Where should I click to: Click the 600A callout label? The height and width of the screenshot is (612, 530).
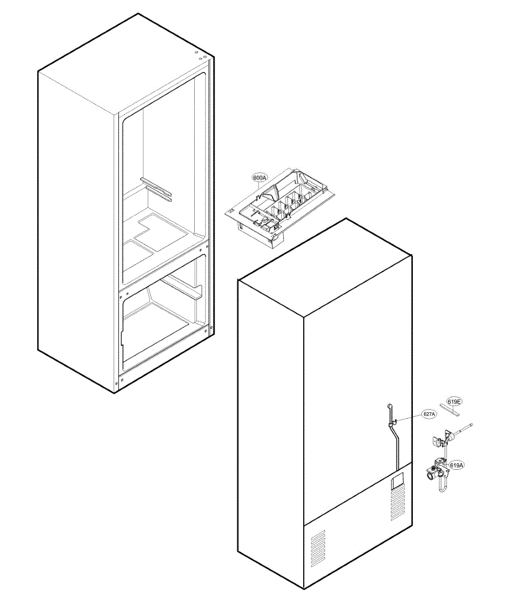pos(259,177)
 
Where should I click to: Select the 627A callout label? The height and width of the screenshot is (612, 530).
pos(429,414)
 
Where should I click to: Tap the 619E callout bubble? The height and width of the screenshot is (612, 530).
pos(454,402)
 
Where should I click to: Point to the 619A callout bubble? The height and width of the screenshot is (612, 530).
pos(457,465)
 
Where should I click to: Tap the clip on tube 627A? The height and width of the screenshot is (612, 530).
pos(392,422)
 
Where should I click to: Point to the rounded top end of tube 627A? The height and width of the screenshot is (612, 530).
pos(390,405)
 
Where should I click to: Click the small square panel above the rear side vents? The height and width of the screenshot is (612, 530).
pos(396,481)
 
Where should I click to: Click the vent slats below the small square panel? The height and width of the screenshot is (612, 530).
pos(396,505)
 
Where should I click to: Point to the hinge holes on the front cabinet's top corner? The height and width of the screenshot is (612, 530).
pos(200,55)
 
